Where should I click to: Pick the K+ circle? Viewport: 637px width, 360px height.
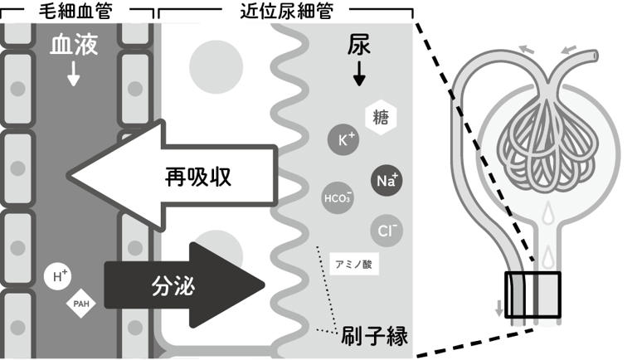click(x=344, y=140)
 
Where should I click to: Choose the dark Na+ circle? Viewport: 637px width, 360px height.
click(x=387, y=179)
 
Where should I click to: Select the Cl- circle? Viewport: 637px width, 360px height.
click(x=385, y=229)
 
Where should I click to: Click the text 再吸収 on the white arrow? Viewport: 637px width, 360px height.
click(x=196, y=176)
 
